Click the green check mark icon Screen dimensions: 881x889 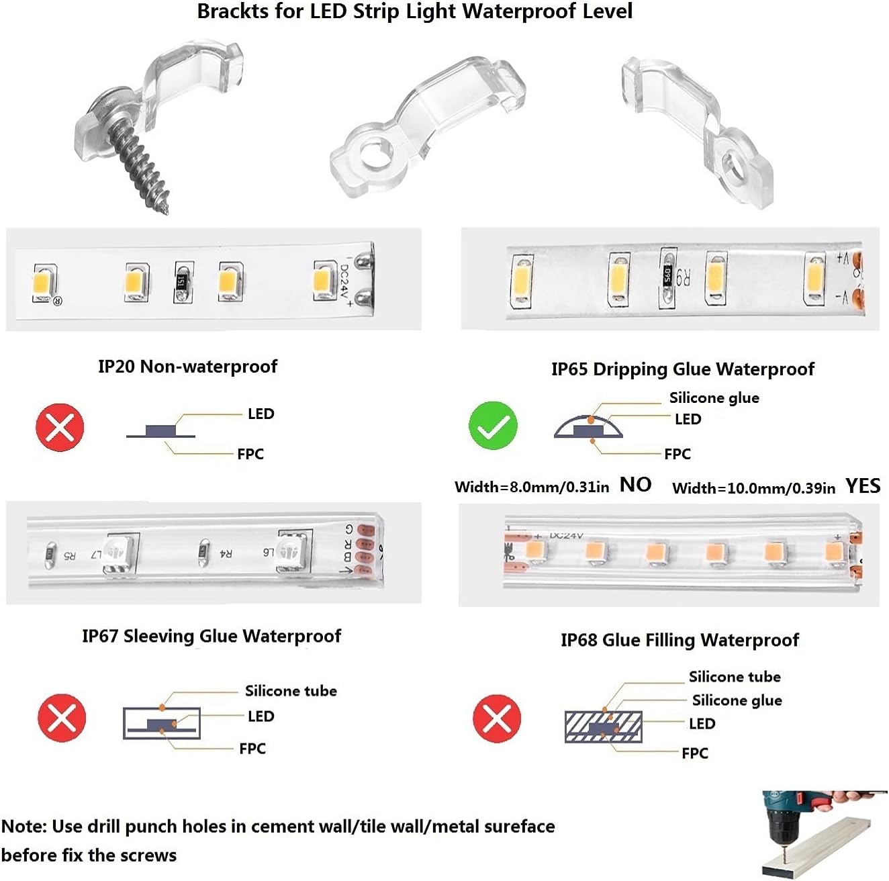[x=493, y=426]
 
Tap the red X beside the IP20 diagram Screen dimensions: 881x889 [x=60, y=427]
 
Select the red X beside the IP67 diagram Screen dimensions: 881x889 [x=62, y=718]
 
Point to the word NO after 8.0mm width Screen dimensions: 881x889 [x=635, y=485]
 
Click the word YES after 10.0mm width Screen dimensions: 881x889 [x=863, y=485]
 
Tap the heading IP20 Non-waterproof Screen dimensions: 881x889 [x=187, y=367]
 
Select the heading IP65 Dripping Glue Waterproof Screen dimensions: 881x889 [x=682, y=369]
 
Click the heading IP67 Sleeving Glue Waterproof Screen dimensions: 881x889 [x=211, y=636]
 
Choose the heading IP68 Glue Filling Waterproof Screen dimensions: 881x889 [x=680, y=640]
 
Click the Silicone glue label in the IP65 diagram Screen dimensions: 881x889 [x=714, y=398]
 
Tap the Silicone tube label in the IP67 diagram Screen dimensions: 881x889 [x=291, y=691]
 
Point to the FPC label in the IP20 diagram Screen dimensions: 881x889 [x=250, y=454]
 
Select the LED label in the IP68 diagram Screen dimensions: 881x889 [x=702, y=724]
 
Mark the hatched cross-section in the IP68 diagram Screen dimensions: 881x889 [x=603, y=727]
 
